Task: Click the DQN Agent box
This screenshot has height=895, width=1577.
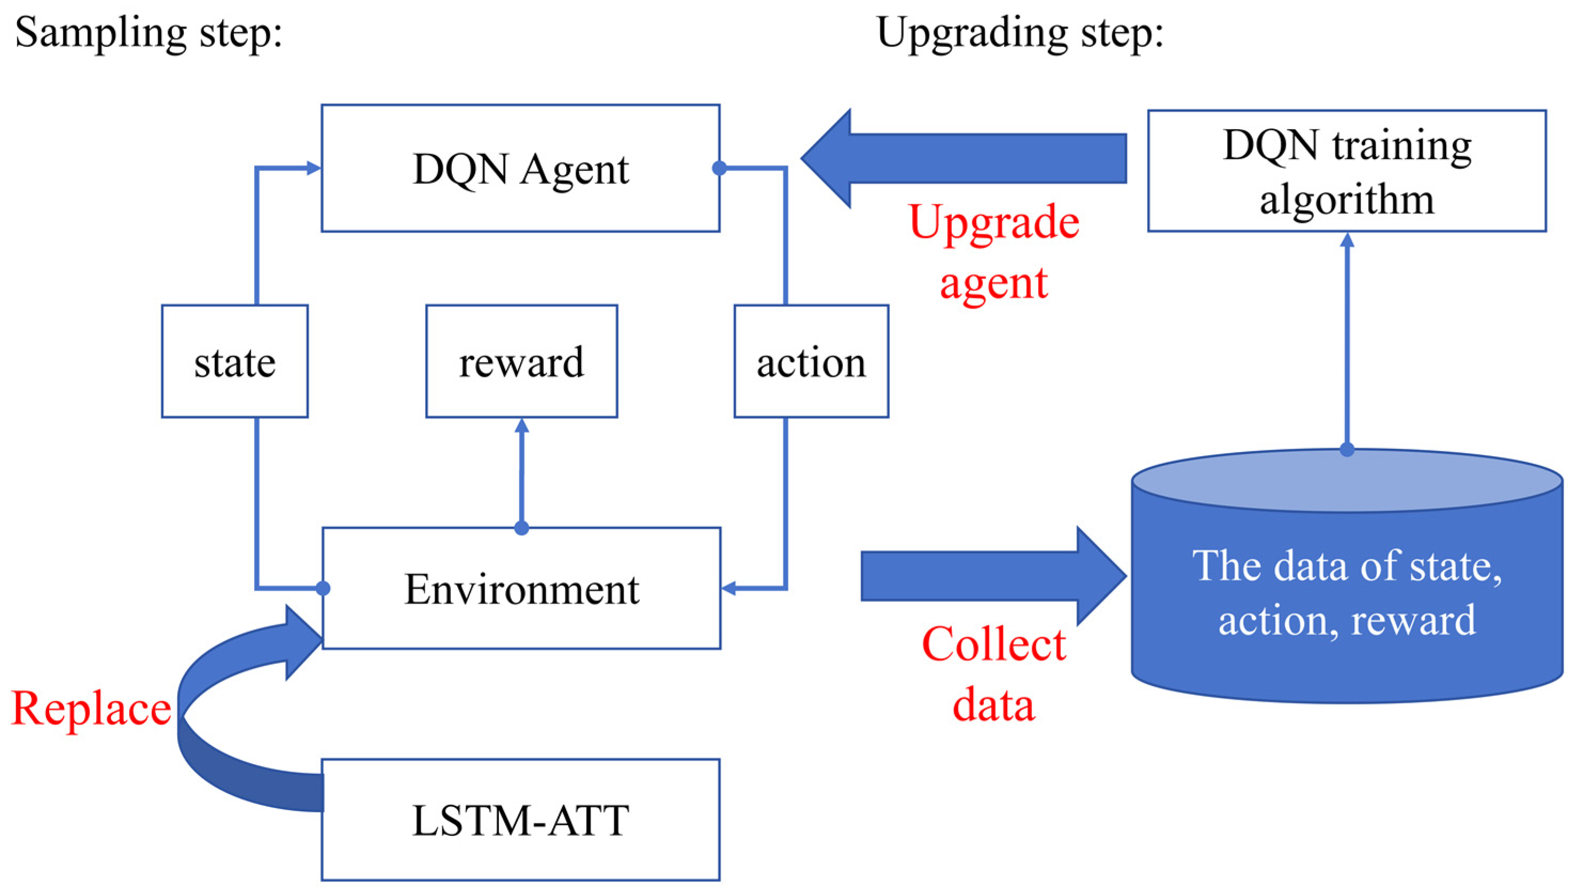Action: [520, 169]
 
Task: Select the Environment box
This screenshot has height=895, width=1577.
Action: [522, 588]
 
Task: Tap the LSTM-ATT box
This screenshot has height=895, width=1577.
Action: [520, 819]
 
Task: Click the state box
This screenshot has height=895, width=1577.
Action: [234, 361]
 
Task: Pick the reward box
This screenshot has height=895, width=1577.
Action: [522, 361]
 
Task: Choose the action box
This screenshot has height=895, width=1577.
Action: [811, 361]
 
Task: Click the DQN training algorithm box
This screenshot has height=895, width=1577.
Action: [1346, 171]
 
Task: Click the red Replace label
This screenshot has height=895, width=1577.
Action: [91, 708]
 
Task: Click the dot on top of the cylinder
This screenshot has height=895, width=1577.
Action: [1347, 449]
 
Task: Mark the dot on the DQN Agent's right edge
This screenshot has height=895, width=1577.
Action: [719, 168]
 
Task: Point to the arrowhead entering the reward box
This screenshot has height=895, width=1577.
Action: [522, 425]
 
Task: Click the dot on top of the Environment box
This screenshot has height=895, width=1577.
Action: [522, 527]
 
